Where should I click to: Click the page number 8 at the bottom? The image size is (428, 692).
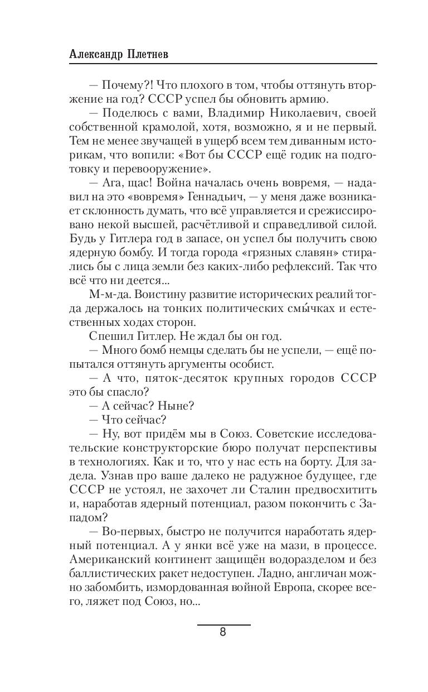[x=223, y=633]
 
